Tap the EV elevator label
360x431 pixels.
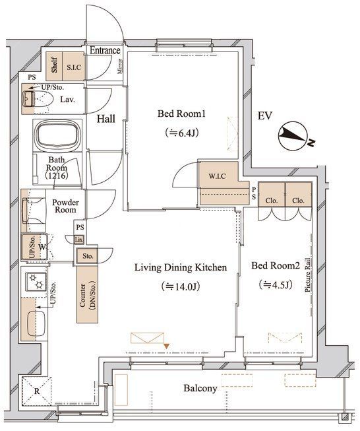pyautogui.click(x=264, y=116)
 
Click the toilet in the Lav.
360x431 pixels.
pyautogui.click(x=38, y=100)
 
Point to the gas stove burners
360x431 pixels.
pyautogui.click(x=36, y=282)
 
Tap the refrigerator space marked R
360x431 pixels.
pyautogui.click(x=36, y=391)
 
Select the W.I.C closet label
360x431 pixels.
pyautogui.click(x=217, y=176)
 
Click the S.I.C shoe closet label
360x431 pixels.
pyautogui.click(x=74, y=67)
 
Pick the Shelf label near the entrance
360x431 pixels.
pyautogui.click(x=54, y=65)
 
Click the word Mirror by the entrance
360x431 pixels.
pyautogui.click(x=120, y=66)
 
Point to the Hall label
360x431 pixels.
pyautogui.click(x=106, y=119)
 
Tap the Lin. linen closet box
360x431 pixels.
pyautogui.click(x=79, y=240)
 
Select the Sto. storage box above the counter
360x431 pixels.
pyautogui.click(x=88, y=256)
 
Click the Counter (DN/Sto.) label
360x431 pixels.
pyautogui.click(x=87, y=296)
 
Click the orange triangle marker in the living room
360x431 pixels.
pyautogui.click(x=167, y=346)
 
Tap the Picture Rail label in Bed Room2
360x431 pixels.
pyautogui.click(x=307, y=275)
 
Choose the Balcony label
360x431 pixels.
pyautogui.click(x=200, y=388)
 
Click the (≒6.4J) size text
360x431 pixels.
pyautogui.click(x=182, y=133)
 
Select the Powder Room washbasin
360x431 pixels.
pyautogui.click(x=34, y=211)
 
